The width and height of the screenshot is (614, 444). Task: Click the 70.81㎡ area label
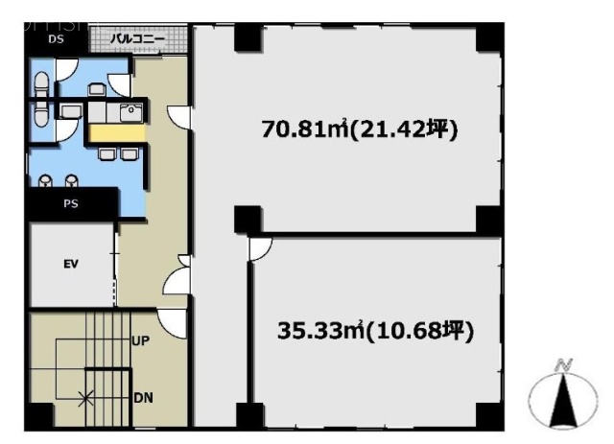[x=361, y=129]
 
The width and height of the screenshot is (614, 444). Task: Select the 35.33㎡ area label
[x=376, y=332]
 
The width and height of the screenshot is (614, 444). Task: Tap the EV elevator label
[x=70, y=266]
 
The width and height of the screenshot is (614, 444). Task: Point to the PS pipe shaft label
[x=71, y=202]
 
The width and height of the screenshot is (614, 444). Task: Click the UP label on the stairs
[x=139, y=340]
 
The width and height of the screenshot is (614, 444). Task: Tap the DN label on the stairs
[x=139, y=395]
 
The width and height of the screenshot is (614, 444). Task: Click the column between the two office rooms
[x=247, y=219]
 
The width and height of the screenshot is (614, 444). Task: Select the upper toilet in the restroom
[x=41, y=81]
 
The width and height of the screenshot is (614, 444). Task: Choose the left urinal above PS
[x=47, y=178]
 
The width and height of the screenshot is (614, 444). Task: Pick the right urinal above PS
[x=71, y=178]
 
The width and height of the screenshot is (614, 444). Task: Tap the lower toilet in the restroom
[x=41, y=113]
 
